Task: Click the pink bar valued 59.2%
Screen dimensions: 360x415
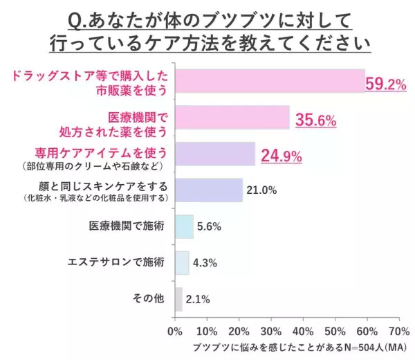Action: (x=270, y=81)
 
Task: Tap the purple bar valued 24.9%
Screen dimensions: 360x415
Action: (x=215, y=154)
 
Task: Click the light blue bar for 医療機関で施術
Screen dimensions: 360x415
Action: (x=184, y=226)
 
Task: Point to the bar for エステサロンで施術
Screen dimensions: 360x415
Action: (x=182, y=262)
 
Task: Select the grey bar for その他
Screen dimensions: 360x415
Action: (x=178, y=299)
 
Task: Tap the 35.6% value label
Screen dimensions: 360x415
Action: (x=315, y=120)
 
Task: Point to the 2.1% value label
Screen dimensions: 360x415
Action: (x=198, y=299)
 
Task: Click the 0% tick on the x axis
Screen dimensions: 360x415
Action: (x=175, y=330)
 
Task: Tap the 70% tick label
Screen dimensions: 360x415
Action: (x=399, y=330)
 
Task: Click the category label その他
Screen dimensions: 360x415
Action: (x=148, y=298)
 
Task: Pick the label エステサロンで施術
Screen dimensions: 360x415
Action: (x=116, y=262)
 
